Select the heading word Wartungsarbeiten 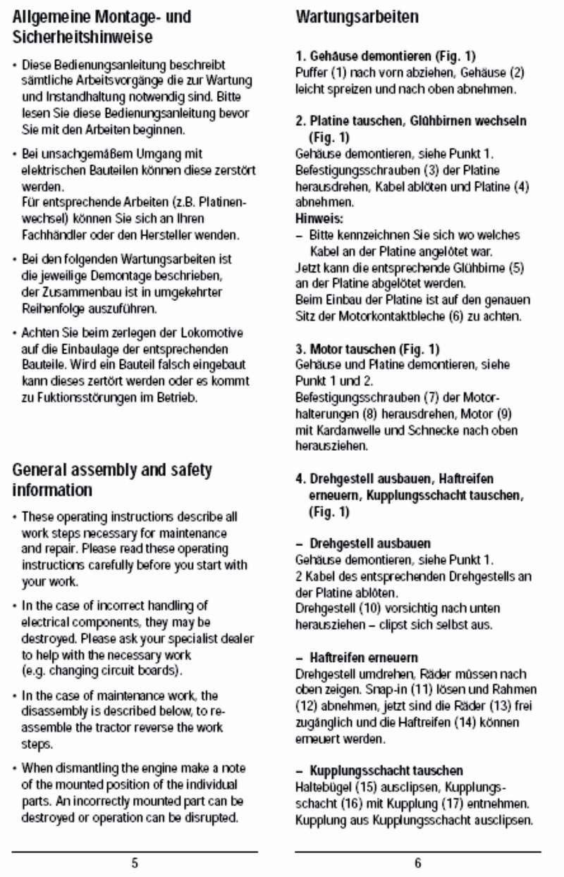[x=357, y=16]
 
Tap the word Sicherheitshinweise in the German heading [x=82, y=36]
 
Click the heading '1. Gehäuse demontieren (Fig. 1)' [x=380, y=55]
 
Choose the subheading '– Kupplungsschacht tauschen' [x=379, y=771]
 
